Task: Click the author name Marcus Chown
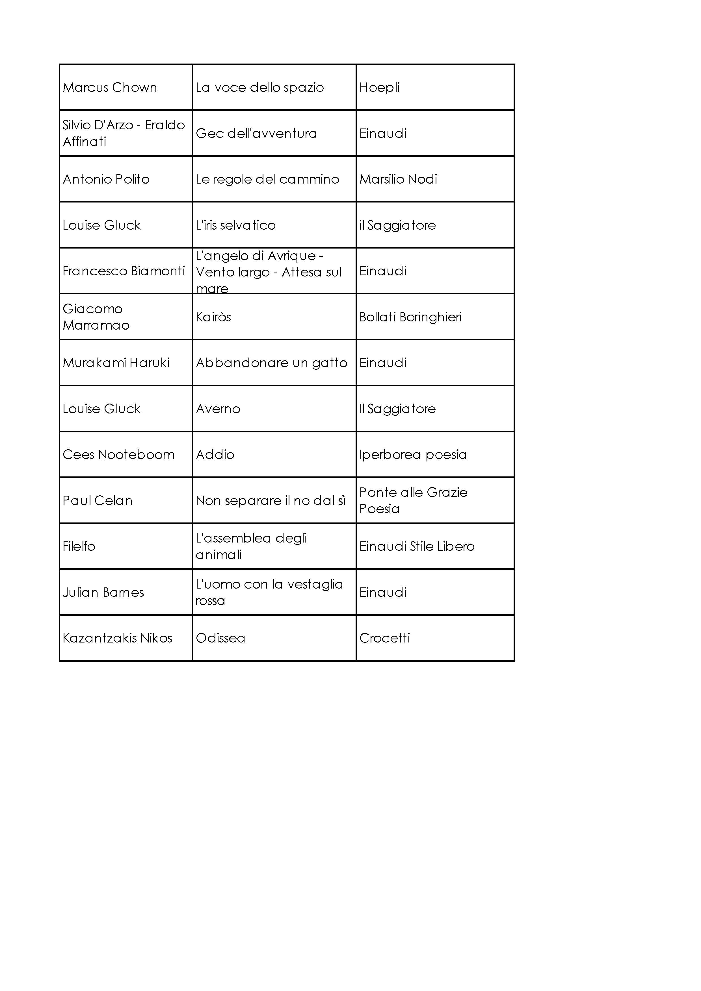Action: point(110,88)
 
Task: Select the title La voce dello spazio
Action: point(259,88)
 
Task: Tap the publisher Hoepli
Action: point(379,88)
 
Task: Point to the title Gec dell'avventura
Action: point(256,133)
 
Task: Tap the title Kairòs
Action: point(213,317)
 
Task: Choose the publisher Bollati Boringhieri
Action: point(410,317)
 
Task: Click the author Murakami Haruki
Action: point(116,363)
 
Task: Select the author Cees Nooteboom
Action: point(119,454)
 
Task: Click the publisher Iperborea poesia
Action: point(413,454)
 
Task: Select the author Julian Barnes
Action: point(103,592)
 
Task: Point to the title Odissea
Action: point(220,638)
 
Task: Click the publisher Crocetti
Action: point(384,638)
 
